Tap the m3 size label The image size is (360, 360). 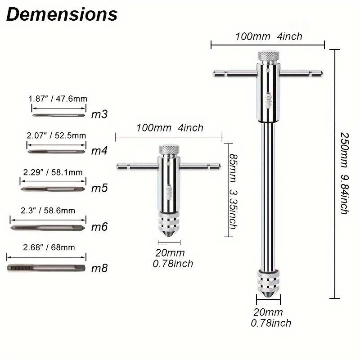pos(99,114)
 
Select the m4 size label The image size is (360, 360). pos(99,151)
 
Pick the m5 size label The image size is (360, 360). pos(99,188)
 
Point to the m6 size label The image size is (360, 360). pos(99,227)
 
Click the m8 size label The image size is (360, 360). pos(99,269)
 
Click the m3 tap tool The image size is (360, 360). pos(58,115)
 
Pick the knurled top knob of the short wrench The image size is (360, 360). pos(169,149)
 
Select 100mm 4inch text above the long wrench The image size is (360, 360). pos(268,36)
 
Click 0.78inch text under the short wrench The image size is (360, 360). pos(173,264)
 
